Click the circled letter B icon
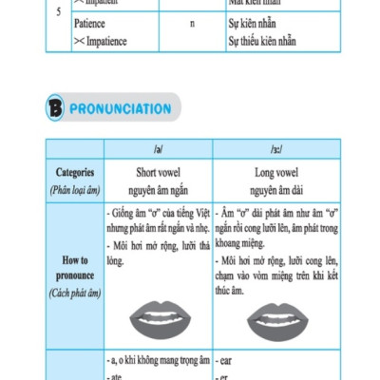[54, 109]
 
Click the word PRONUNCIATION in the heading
[120, 109]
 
